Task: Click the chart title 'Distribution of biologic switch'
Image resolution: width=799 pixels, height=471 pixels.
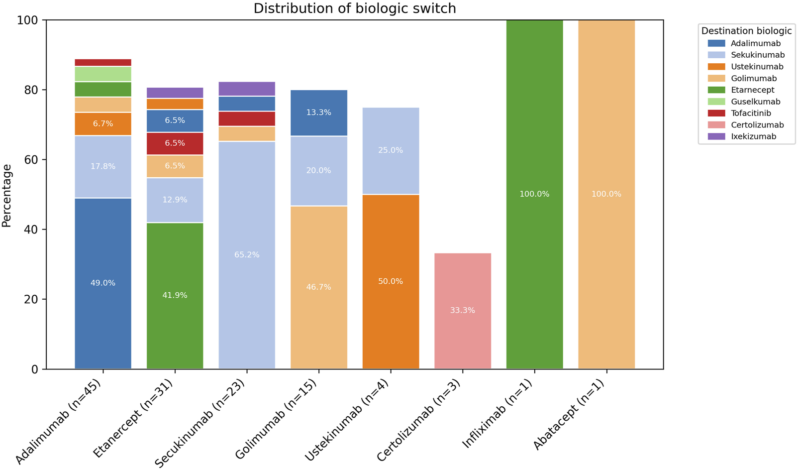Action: (x=354, y=8)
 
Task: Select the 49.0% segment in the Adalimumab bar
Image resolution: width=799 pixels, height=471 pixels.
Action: (x=103, y=283)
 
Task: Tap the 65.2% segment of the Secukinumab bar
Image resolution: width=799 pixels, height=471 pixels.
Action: (x=247, y=254)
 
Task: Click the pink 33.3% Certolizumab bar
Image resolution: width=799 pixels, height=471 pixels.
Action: (x=463, y=311)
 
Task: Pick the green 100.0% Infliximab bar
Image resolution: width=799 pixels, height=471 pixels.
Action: (x=534, y=194)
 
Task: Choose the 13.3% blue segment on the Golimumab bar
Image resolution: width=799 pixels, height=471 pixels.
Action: (x=318, y=113)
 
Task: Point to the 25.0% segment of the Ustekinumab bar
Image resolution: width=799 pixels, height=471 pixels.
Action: (x=391, y=150)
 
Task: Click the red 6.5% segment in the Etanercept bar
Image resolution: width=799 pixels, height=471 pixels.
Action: (x=175, y=143)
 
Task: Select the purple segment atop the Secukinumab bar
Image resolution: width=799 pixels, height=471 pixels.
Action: (x=247, y=89)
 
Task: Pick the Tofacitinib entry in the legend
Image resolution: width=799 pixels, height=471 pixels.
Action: (x=751, y=113)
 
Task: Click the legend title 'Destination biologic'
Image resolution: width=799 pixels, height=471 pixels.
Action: (x=746, y=31)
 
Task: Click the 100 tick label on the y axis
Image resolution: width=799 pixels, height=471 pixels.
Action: (x=28, y=20)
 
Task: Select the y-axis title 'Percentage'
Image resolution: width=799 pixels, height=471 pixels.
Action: (x=7, y=196)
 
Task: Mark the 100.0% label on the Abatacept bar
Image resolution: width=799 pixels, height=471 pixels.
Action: (x=606, y=194)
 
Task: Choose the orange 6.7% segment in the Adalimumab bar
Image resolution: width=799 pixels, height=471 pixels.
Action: (x=103, y=124)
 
